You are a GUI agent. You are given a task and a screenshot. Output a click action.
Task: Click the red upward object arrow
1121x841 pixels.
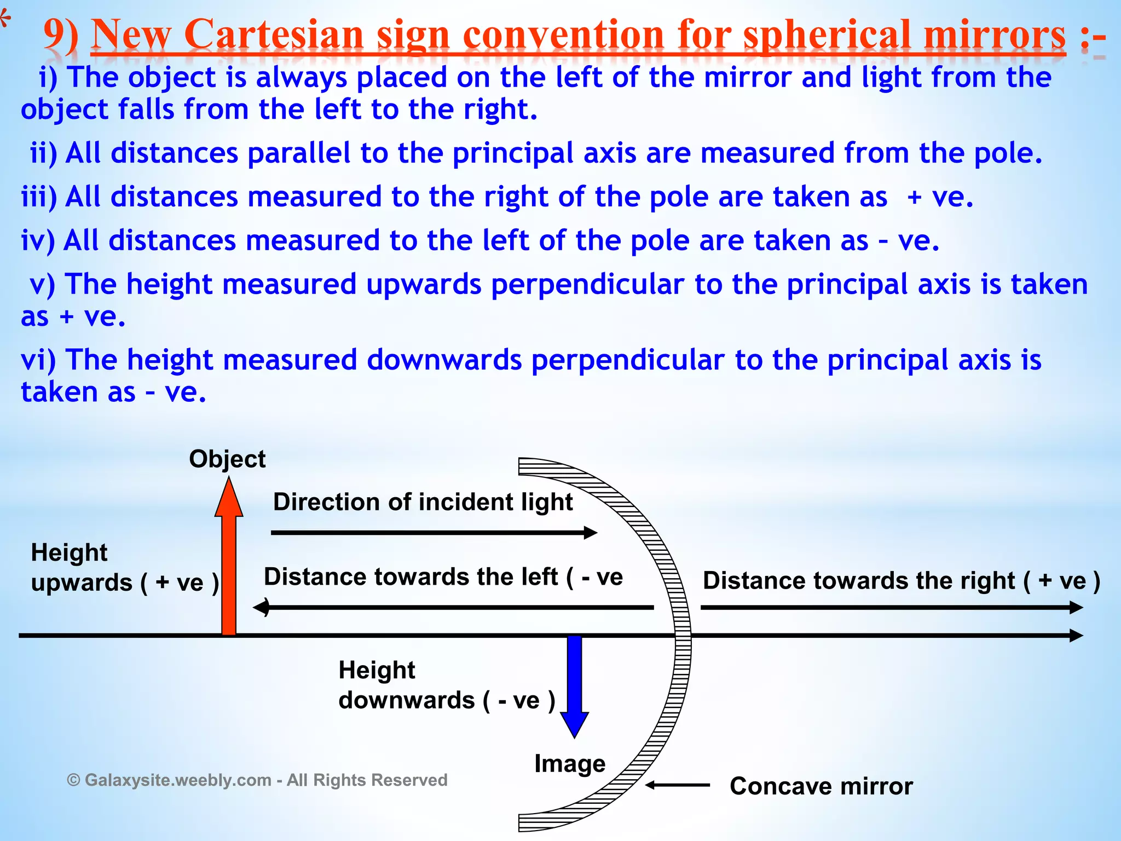[229, 564]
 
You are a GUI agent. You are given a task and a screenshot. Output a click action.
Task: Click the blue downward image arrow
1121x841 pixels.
[575, 684]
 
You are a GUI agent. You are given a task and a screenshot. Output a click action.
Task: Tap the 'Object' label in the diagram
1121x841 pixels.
[227, 459]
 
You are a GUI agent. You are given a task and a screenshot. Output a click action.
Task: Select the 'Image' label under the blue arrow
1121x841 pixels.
[570, 763]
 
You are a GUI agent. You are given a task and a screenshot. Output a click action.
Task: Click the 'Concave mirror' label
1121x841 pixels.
[821, 786]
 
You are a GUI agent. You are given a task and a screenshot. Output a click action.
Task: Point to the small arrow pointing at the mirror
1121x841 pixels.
[678, 785]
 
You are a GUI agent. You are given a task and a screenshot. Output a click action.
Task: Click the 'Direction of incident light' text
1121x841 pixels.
[423, 502]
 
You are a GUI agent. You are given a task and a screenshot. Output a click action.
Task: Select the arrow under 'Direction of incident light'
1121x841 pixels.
[434, 532]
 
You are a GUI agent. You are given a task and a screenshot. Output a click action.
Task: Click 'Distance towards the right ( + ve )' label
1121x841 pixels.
[901, 580]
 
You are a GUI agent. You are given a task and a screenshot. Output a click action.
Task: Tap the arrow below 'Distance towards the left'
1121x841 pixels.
[453, 607]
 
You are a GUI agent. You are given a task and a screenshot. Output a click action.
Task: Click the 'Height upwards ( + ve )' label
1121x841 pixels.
[124, 567]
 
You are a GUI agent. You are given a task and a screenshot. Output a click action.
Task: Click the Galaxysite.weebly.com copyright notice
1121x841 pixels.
[257, 780]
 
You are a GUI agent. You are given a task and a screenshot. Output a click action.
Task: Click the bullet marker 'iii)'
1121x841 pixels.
[38, 197]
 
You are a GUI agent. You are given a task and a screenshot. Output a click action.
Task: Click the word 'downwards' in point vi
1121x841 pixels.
[444, 360]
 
